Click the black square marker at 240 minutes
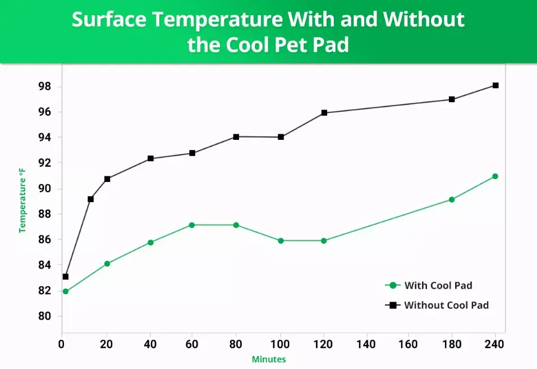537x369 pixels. (495, 85)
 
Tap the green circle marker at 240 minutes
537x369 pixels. (495, 176)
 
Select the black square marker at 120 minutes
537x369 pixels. (324, 113)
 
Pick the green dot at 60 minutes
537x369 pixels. (192, 225)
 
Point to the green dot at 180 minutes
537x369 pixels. (452, 199)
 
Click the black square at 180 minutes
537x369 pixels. (452, 99)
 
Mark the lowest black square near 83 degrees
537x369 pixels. (66, 276)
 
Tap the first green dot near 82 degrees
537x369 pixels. (66, 291)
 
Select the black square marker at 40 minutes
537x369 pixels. (150, 158)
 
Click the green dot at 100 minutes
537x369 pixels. (281, 241)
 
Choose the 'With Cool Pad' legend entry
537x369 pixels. (430, 285)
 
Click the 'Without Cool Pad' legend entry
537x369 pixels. (438, 305)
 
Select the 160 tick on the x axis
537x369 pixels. (411, 343)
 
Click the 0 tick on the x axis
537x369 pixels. (62, 343)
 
